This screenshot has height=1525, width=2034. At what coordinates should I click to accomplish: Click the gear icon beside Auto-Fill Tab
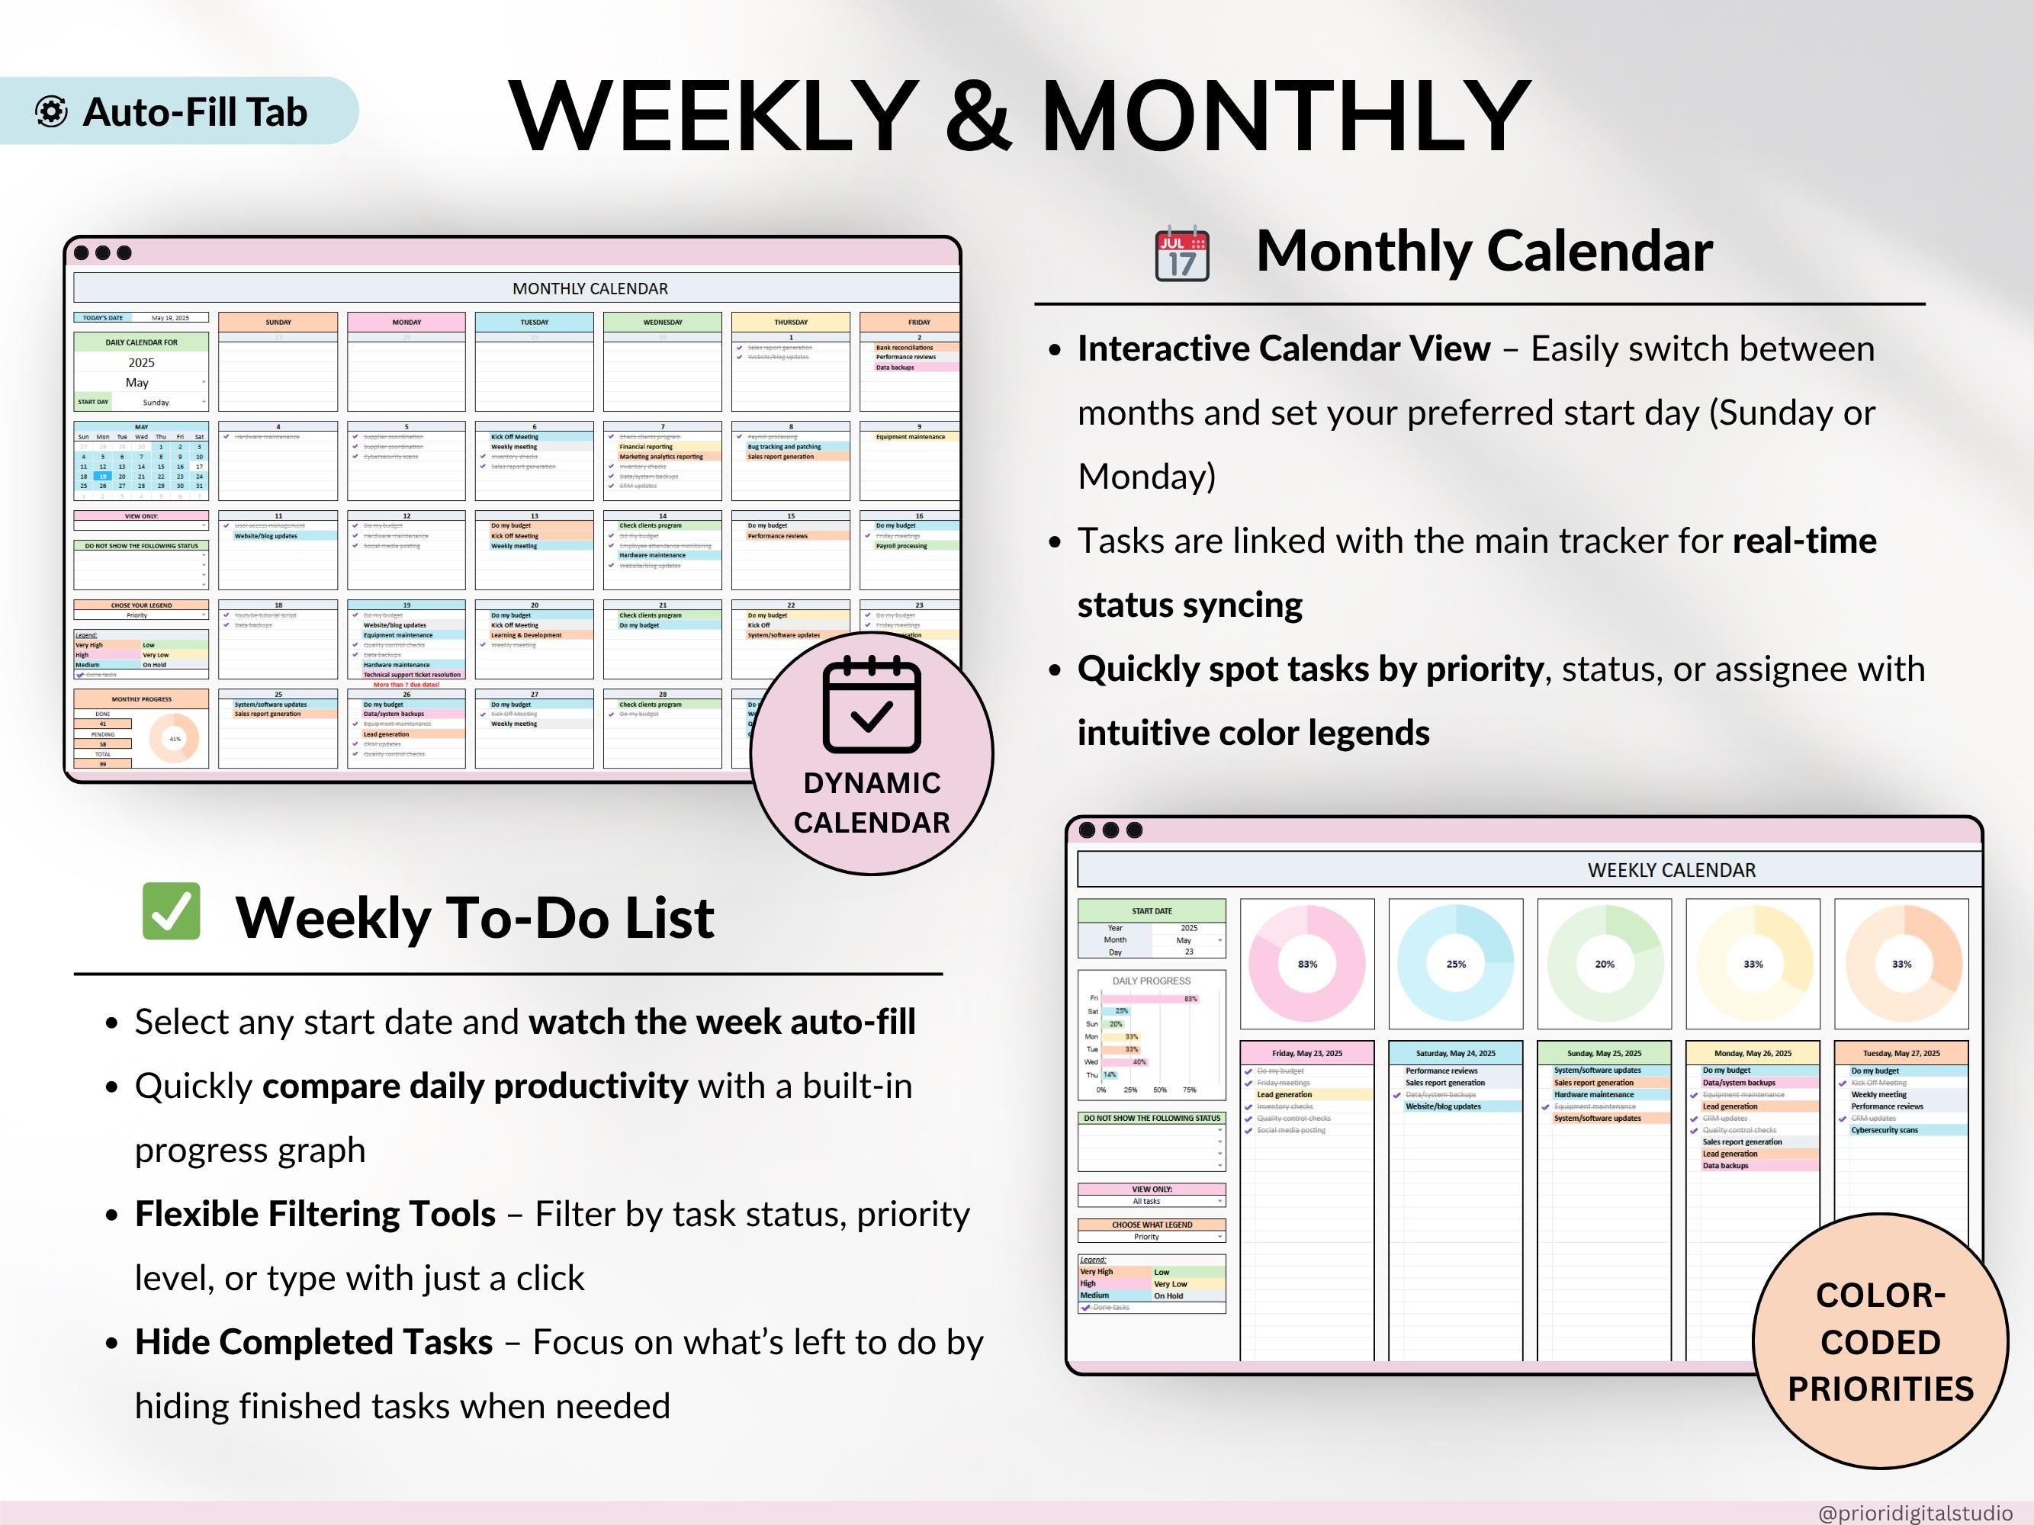[52, 111]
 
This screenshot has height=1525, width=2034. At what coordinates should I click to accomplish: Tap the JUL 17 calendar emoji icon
[1181, 253]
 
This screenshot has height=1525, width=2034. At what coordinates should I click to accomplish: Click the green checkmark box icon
[171, 911]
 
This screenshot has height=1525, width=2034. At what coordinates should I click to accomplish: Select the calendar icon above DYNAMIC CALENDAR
[871, 705]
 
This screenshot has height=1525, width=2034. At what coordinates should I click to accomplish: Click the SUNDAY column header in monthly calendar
[278, 322]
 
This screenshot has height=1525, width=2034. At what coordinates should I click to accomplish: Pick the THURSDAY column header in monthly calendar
[790, 322]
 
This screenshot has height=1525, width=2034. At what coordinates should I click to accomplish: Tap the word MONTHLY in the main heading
[1284, 115]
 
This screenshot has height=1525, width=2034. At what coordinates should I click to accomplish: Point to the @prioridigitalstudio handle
[1914, 1512]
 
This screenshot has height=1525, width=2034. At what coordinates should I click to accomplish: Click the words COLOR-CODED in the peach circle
[1881, 1318]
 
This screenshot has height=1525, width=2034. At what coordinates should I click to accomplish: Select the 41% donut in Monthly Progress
[175, 739]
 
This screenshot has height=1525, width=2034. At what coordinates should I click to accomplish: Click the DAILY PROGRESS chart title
[1152, 981]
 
